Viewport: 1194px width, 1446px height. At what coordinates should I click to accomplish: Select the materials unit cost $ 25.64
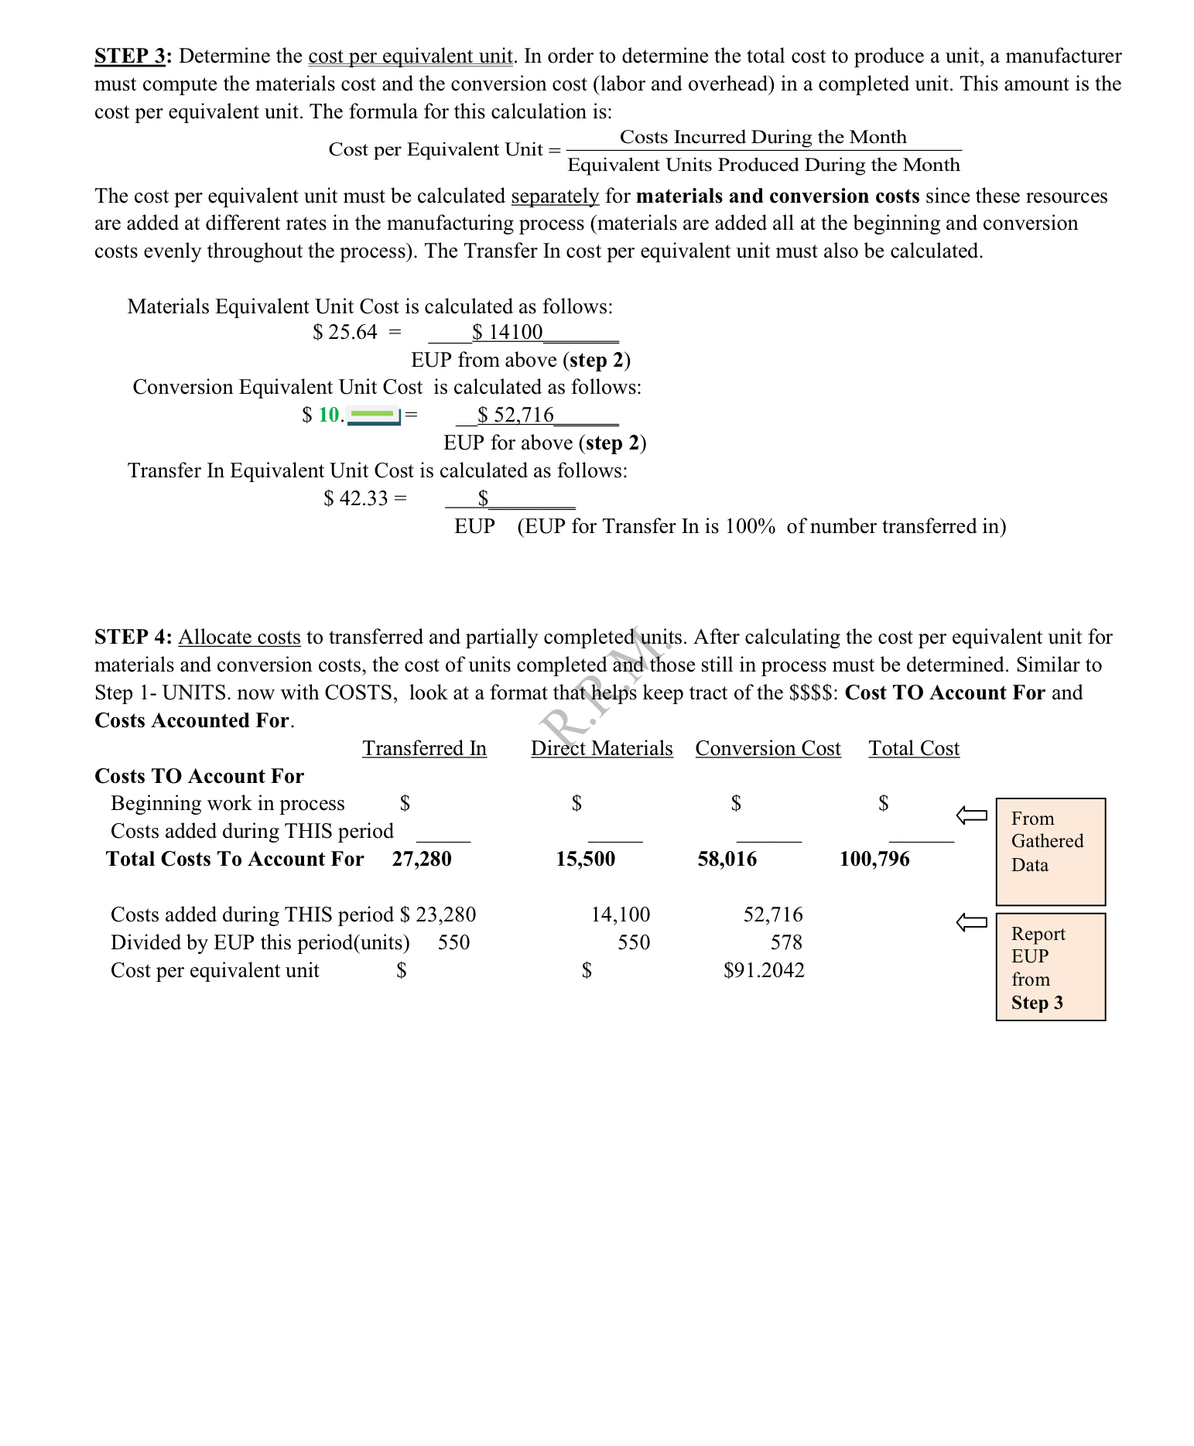tap(345, 333)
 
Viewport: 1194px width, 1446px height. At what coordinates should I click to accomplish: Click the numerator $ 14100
tap(508, 333)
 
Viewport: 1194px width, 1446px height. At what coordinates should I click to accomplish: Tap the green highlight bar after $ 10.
tap(373, 416)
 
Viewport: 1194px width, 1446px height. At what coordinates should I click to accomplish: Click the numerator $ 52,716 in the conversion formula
tap(515, 415)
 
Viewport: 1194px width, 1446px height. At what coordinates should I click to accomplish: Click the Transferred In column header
tap(424, 749)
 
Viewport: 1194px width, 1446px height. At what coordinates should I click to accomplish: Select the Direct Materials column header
tap(601, 749)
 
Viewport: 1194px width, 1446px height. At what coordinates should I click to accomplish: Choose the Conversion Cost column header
tap(768, 749)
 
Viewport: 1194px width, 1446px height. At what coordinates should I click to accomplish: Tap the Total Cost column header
tap(913, 749)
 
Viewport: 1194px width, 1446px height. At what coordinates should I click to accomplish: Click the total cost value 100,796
tap(874, 860)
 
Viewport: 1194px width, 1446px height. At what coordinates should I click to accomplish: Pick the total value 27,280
tap(422, 860)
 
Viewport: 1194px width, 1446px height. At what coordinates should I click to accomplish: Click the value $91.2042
tap(764, 971)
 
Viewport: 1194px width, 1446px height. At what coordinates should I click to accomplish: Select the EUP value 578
tap(786, 943)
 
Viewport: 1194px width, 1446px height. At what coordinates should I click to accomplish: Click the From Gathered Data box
tap(1050, 851)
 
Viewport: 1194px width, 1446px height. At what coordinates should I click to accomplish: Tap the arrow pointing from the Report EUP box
tap(972, 922)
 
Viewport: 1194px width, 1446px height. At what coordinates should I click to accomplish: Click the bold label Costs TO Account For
tap(199, 777)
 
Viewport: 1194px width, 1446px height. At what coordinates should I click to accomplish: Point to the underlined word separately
tap(555, 197)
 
